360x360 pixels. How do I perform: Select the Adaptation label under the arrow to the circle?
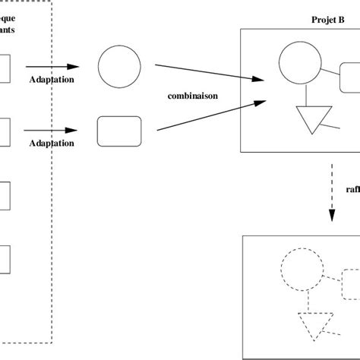pos(52,79)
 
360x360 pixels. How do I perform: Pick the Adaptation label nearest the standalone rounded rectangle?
pos(52,143)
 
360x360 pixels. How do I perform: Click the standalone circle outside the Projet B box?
pos(119,68)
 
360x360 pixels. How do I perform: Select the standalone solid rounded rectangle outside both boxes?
pos(119,131)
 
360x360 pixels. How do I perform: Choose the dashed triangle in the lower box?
pos(315,325)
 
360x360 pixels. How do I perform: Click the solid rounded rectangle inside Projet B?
pos(350,77)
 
